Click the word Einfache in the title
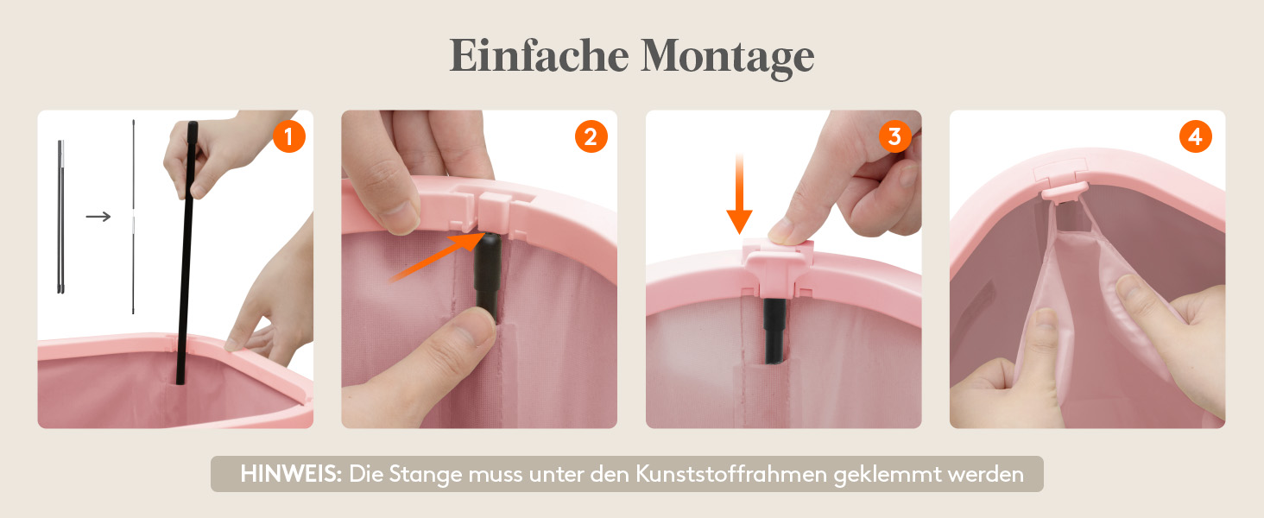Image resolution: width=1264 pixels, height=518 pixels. pos(539,55)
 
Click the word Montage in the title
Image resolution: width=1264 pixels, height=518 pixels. pos(727,59)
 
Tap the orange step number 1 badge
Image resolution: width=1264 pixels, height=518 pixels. pos(289,136)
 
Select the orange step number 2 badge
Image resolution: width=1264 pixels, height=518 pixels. pos(591,136)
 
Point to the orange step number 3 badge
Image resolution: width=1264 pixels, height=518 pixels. pos(894,136)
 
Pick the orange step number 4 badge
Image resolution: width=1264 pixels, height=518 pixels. pos(1195,136)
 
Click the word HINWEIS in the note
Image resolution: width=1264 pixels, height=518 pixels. pos(291,474)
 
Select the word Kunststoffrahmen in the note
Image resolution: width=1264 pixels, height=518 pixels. pos(731,474)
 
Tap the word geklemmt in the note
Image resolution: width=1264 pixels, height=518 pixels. pos(887,476)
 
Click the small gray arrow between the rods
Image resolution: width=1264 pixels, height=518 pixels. pos(98,216)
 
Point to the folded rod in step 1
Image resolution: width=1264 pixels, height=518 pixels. pos(60,217)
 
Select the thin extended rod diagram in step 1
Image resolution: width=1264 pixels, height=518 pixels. pos(133,217)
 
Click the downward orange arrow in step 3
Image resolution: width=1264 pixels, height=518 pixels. pos(739,193)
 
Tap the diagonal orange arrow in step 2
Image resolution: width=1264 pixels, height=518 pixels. pos(436,257)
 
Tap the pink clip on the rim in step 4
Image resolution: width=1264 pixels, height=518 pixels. pos(1065,192)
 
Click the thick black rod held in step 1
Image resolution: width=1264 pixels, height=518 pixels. pos(186,253)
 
